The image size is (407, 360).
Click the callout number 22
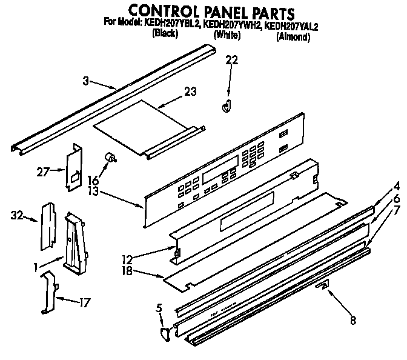[x=232, y=59]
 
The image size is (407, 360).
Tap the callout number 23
[x=191, y=92]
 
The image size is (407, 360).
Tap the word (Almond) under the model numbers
[x=293, y=37]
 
